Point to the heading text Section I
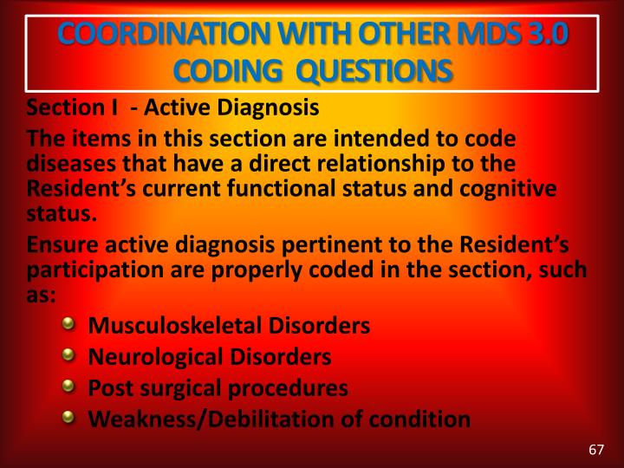(x=72, y=108)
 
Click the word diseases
(x=66, y=163)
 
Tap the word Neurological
(x=150, y=356)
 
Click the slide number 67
(x=595, y=449)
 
